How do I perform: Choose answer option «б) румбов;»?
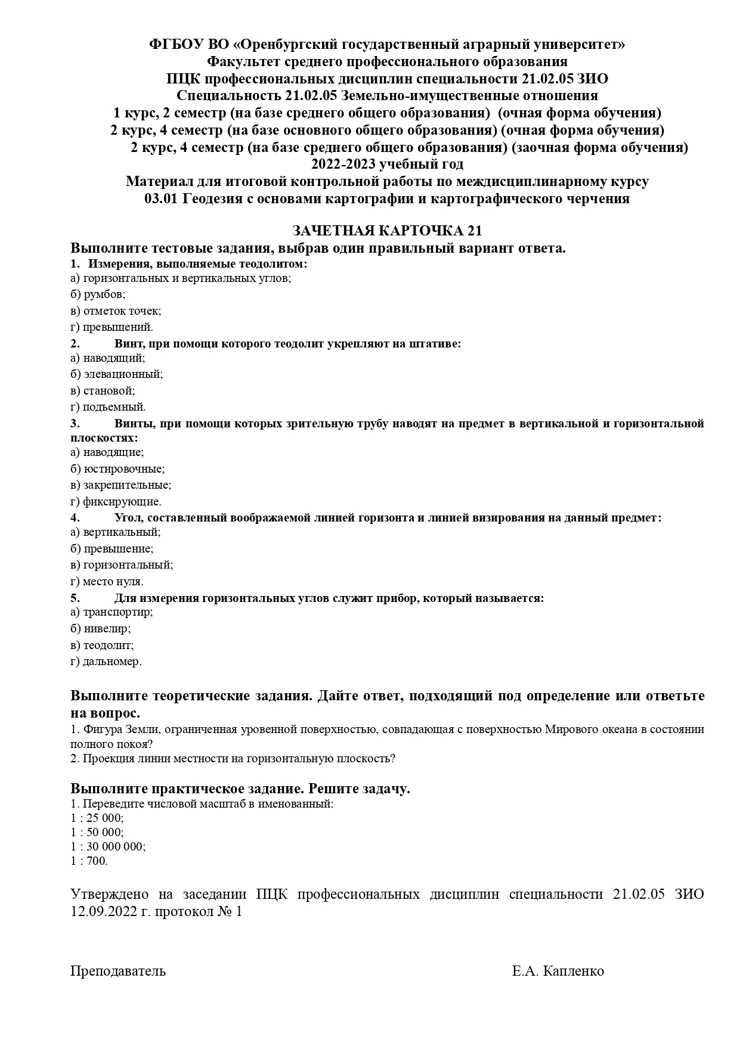pos(98,294)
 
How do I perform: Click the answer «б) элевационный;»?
pos(116,374)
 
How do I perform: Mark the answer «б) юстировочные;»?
pos(117,469)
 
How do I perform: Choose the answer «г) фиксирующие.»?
pos(116,502)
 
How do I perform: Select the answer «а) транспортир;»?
pos(112,612)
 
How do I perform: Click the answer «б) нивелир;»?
pos(100,628)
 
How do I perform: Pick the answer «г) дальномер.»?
pos(106,662)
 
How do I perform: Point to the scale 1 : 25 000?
pos(97,818)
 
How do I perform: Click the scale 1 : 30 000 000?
pos(107,846)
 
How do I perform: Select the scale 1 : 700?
pos(89,861)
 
